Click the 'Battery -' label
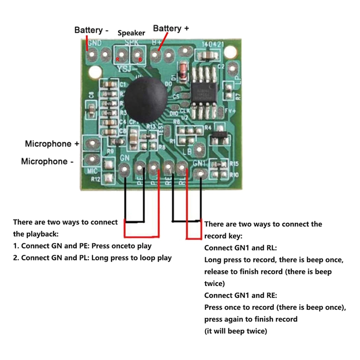(91, 30)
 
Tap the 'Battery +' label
(171, 28)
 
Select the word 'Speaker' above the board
(131, 33)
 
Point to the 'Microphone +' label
(52, 144)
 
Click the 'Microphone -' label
(47, 161)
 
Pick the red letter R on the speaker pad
(118, 59)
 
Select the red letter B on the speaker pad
(140, 59)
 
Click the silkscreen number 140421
(213, 45)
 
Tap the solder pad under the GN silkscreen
(125, 170)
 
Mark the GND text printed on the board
(94, 44)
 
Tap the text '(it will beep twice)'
(235, 331)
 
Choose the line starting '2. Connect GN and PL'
(92, 258)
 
